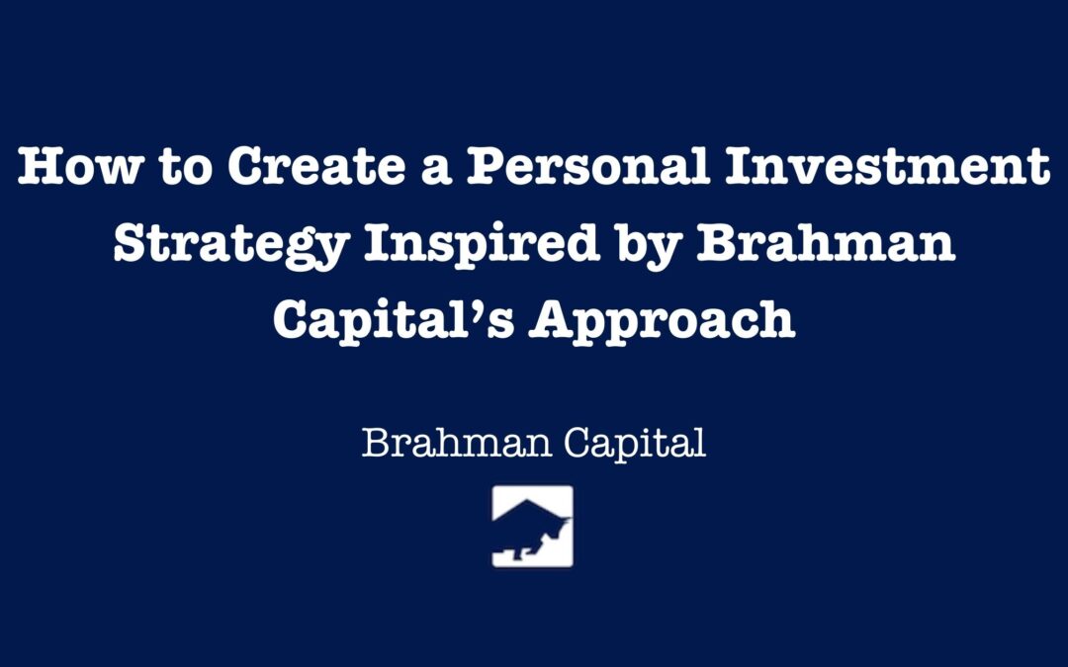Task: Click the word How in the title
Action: tap(81, 166)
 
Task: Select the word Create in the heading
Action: tap(316, 166)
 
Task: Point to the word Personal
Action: tap(588, 166)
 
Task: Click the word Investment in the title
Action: tap(887, 166)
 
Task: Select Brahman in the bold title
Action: tap(826, 243)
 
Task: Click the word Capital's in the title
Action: tap(394, 321)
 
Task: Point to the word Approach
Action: tap(662, 321)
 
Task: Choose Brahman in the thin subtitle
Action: tap(456, 443)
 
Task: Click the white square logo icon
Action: tap(533, 526)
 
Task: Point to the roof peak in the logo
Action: tap(529, 500)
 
